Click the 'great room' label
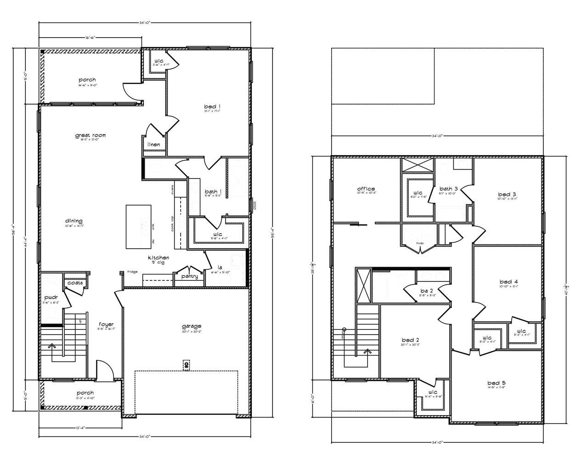90,135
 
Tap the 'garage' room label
192,327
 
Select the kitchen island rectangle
139,227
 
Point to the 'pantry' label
190,276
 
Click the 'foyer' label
106,324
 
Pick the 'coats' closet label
75,283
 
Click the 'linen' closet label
154,145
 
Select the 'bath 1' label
213,191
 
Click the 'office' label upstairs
366,189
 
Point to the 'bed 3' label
507,194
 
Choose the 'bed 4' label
509,281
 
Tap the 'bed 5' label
497,383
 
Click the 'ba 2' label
426,290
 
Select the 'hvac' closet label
419,243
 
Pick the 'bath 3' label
448,189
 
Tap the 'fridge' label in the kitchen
132,272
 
